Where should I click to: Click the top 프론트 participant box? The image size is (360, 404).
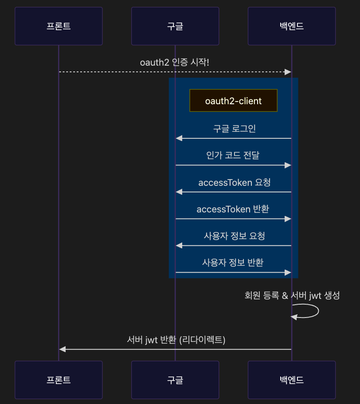click(59, 26)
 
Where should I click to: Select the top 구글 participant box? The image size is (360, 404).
click(175, 26)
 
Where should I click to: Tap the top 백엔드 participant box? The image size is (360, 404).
click(292, 26)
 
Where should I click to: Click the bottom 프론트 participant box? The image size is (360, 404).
click(59, 380)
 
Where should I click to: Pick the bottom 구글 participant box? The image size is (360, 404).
click(175, 380)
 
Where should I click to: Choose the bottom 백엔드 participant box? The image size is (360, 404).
click(292, 380)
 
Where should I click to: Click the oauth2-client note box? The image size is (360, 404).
click(233, 101)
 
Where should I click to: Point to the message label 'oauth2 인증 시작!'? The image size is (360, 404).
click(174, 63)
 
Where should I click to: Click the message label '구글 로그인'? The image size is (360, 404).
click(234, 129)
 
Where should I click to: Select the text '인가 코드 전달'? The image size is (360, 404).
click(233, 156)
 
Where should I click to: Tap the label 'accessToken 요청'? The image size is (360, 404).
click(234, 183)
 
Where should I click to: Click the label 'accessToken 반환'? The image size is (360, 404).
click(233, 209)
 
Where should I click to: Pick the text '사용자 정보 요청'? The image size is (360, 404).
click(234, 236)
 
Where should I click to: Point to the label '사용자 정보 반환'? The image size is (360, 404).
click(233, 263)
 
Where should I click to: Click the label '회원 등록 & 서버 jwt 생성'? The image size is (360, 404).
click(292, 295)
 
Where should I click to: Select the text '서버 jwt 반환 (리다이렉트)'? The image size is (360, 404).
click(176, 340)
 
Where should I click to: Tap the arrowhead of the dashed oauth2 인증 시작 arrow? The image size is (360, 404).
click(288, 72)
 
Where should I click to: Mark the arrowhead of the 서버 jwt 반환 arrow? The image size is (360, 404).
click(63, 349)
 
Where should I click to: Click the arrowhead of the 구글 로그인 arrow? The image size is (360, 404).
click(179, 138)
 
